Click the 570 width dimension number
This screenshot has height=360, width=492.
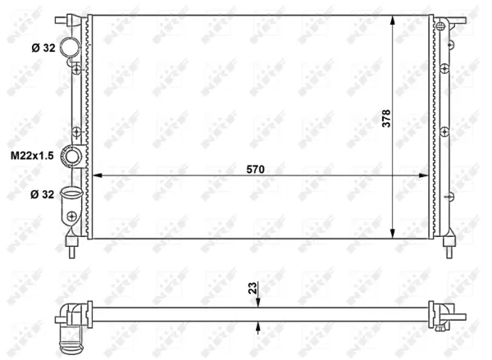point(255,170)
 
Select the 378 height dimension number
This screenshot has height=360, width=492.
point(386,118)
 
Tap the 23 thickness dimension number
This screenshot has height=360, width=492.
point(253,288)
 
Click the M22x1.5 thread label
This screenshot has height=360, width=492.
point(32,155)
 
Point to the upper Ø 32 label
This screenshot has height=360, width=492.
point(43,48)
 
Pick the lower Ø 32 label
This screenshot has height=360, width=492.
point(43,194)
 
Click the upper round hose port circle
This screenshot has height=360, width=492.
point(70,47)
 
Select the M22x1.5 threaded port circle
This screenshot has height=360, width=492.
point(72,156)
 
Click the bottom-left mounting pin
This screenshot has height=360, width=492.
point(71,247)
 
